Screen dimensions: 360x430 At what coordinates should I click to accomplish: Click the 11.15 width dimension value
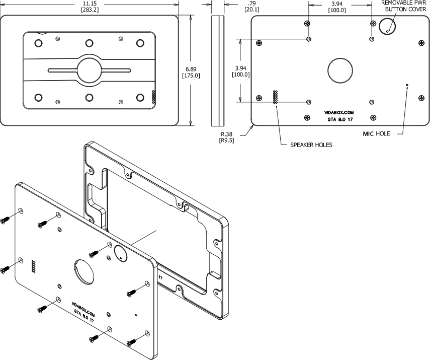[x=90, y=3]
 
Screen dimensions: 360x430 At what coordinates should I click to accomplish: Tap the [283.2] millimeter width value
[x=90, y=10]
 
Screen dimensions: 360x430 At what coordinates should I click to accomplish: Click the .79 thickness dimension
[x=251, y=3]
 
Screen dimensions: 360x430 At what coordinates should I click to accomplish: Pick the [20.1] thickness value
[x=251, y=10]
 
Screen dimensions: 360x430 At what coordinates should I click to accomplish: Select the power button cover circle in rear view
[x=388, y=26]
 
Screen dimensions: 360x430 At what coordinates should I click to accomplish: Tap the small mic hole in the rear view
[x=407, y=85]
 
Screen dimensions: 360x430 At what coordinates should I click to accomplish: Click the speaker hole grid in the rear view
[x=275, y=97]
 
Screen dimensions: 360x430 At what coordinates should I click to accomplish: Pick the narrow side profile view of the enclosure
[x=217, y=70]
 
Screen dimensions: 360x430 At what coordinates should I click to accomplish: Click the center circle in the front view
[x=90, y=68]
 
